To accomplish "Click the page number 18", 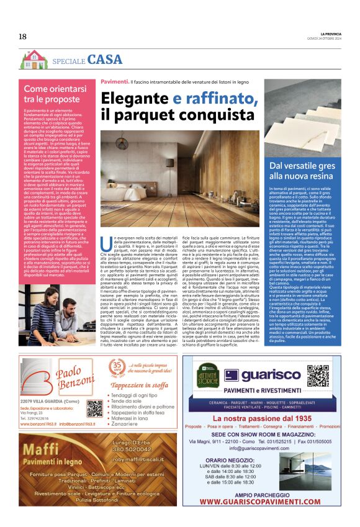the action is point(22,37).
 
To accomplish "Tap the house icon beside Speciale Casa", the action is point(34,60).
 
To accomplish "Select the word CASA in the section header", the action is point(105,60).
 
